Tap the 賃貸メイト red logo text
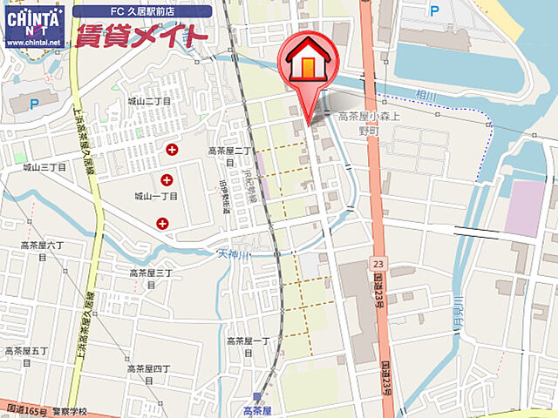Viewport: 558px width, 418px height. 142,36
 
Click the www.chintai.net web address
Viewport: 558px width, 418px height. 33,42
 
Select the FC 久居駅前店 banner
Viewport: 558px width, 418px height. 141,11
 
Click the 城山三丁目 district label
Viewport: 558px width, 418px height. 44,166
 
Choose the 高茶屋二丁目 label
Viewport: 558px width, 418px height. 228,155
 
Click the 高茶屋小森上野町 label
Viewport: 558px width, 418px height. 368,122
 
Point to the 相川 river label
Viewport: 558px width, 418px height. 425,93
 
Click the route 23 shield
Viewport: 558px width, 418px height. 377,261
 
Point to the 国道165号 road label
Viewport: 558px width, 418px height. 23,407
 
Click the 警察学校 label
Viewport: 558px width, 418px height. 68,407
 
